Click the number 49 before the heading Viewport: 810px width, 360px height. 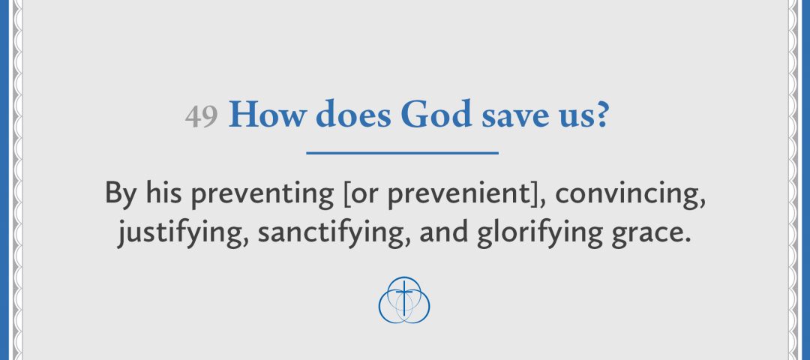[201, 117]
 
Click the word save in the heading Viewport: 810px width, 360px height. [510, 117]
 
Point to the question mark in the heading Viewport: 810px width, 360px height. [601, 115]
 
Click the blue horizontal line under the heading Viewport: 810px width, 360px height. [403, 153]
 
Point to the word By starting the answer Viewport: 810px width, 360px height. [121, 193]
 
